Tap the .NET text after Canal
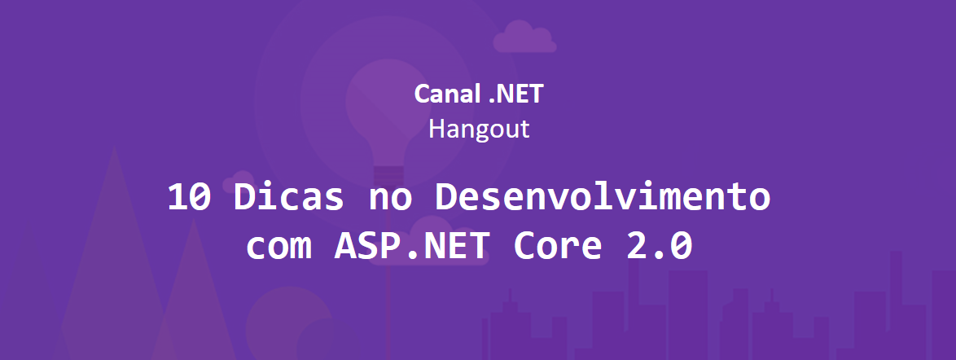point(515,94)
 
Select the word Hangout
point(479,129)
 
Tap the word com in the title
point(278,245)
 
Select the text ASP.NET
point(412,245)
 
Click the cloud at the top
point(525,37)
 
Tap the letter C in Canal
point(423,94)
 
